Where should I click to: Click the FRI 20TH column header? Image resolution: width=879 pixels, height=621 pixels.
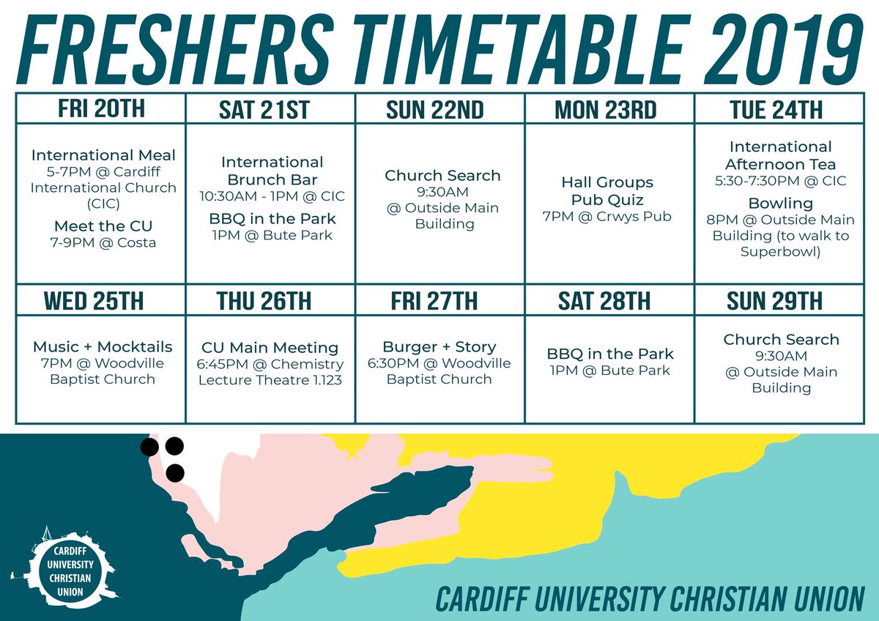101,109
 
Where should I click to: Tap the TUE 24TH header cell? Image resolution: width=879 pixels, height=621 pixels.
776,111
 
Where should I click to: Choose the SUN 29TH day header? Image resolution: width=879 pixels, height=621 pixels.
774,301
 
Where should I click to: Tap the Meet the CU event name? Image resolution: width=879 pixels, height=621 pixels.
103,225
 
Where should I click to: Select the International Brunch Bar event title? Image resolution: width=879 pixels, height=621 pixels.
272,171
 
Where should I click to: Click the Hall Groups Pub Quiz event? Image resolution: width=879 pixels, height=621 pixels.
607,190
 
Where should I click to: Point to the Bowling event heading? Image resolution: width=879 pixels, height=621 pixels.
780,203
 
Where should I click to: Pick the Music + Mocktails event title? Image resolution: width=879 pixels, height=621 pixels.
103,347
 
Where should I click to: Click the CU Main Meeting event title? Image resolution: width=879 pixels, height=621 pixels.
270,348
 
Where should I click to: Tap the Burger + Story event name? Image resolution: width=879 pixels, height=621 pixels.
439,346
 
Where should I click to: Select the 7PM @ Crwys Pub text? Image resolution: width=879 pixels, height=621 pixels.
607,216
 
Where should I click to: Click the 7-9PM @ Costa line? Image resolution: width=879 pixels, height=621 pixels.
103,242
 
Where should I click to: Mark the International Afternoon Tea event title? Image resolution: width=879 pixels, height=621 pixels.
780,155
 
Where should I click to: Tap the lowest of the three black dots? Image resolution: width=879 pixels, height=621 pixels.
174,473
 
